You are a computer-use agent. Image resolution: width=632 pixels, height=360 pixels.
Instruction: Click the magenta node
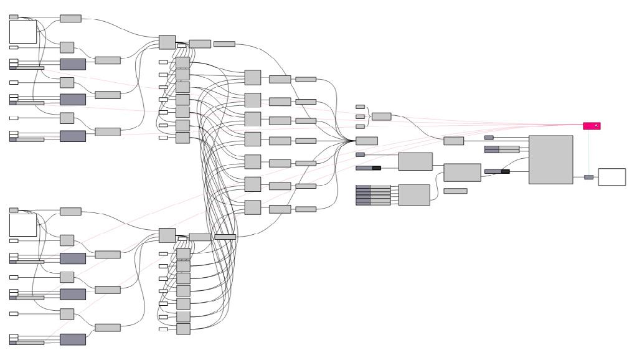(591, 126)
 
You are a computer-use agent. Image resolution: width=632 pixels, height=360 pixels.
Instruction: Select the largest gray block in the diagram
(550, 159)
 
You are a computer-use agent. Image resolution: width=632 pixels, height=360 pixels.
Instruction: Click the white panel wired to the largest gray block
(611, 177)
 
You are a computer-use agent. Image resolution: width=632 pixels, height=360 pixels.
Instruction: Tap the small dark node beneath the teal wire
(588, 178)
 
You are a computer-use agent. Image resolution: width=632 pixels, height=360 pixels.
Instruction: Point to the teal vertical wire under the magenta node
(589, 153)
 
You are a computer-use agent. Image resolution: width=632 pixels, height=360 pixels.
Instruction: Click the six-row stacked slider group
(373, 195)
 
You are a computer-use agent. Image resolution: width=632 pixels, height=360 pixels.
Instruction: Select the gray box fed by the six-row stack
(413, 195)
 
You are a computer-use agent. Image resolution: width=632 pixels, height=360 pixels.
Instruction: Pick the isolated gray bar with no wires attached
(455, 191)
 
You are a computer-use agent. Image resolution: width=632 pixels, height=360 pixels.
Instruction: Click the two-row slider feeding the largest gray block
(501, 149)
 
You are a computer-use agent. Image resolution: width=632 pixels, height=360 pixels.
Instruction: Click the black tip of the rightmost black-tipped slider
(505, 171)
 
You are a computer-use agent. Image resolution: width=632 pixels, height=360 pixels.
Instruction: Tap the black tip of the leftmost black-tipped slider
(376, 168)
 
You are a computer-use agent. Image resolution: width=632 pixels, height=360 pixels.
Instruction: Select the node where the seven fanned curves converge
(366, 141)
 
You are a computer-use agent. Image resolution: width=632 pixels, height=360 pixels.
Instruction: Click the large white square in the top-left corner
(23, 32)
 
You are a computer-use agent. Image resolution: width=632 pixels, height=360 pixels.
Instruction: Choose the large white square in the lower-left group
(23, 225)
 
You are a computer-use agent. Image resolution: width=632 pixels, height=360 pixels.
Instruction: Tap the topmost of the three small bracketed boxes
(360, 107)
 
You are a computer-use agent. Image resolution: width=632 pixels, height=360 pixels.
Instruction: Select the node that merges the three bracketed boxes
(381, 116)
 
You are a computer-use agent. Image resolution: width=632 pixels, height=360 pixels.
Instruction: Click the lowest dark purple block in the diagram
(73, 339)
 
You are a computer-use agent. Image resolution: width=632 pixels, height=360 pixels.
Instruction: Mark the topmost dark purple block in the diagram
(73, 64)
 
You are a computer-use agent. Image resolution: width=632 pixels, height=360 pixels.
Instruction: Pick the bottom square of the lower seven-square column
(183, 328)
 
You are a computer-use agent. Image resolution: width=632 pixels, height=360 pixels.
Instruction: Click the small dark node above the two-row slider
(489, 138)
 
